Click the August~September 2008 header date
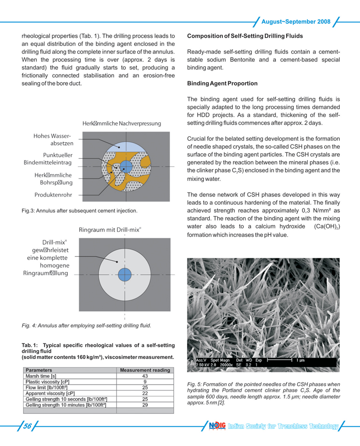coord(296,22)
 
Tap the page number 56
coord(27,426)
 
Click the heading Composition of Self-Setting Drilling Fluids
coord(245,36)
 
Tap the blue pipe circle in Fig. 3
coord(126,166)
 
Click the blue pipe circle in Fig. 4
coord(124,273)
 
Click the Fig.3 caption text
coord(80,211)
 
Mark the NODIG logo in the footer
coord(218,426)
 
